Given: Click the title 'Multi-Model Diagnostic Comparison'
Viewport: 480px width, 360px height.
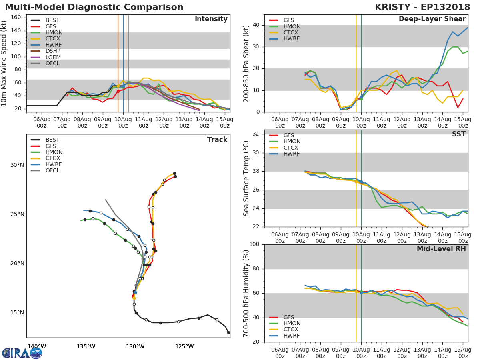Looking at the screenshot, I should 94,8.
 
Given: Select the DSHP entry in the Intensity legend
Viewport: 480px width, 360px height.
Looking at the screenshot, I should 53,51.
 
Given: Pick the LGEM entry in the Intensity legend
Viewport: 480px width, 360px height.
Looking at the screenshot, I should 53,57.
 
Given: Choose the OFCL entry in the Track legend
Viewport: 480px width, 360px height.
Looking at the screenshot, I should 53,171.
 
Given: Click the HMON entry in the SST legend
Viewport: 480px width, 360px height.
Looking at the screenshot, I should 292,142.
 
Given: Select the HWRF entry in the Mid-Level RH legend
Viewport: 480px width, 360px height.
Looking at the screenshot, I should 291,336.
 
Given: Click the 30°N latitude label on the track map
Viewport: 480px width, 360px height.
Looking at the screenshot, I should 17,165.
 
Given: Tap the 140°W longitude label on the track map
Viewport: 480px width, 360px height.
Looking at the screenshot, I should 37,346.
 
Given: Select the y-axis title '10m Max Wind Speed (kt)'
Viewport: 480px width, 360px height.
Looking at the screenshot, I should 4,63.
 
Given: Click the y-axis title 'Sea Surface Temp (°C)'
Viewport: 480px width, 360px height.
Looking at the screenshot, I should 246,178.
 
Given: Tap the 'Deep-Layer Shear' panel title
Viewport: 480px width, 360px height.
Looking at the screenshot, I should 432,19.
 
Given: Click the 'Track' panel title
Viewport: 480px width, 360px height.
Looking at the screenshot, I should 217,140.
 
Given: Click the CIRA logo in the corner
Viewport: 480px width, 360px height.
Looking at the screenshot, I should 22,353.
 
